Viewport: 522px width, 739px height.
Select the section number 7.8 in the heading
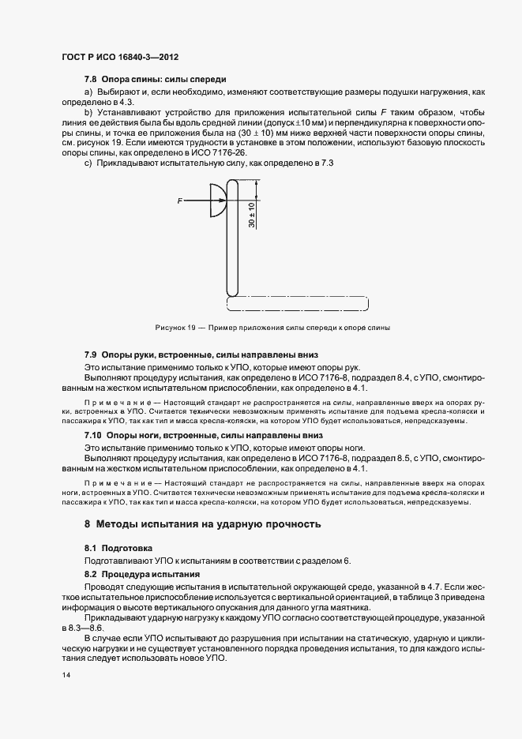[x=91, y=80]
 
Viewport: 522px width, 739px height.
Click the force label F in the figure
[x=180, y=202]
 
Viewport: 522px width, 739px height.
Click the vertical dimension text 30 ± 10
[x=252, y=212]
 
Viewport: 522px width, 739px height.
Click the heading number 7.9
[x=91, y=356]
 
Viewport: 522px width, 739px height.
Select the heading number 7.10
[x=93, y=435]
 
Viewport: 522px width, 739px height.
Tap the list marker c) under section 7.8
[x=88, y=163]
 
